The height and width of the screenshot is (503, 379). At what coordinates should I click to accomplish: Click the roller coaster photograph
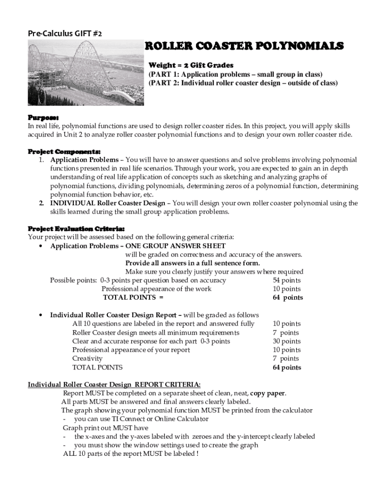click(x=86, y=73)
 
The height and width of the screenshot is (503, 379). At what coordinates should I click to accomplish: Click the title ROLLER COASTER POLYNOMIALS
click(x=243, y=46)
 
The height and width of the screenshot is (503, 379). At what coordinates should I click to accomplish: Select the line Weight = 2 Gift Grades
click(x=191, y=65)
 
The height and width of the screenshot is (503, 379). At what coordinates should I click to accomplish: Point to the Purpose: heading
click(x=43, y=118)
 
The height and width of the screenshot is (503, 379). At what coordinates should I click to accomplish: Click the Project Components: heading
click(x=64, y=151)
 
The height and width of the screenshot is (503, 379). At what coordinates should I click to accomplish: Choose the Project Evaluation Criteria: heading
click(x=76, y=228)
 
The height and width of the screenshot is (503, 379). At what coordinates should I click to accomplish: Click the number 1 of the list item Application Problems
click(x=42, y=160)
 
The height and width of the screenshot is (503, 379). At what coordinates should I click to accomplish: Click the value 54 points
click(x=287, y=280)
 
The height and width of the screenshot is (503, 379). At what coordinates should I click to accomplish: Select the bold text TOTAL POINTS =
click(x=133, y=297)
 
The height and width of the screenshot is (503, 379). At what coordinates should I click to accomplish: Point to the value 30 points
click(x=287, y=341)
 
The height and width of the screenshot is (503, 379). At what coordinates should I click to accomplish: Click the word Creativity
click(x=87, y=359)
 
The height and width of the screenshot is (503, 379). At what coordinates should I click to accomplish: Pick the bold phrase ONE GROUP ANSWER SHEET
click(x=176, y=246)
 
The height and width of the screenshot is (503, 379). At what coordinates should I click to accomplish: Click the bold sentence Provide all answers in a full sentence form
click(x=192, y=263)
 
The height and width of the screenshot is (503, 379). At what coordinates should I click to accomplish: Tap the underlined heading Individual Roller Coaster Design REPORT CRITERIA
click(x=114, y=384)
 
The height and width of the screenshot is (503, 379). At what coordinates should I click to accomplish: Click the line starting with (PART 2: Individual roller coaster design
click(x=243, y=83)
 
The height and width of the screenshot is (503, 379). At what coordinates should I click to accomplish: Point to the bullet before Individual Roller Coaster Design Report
click(x=39, y=315)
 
